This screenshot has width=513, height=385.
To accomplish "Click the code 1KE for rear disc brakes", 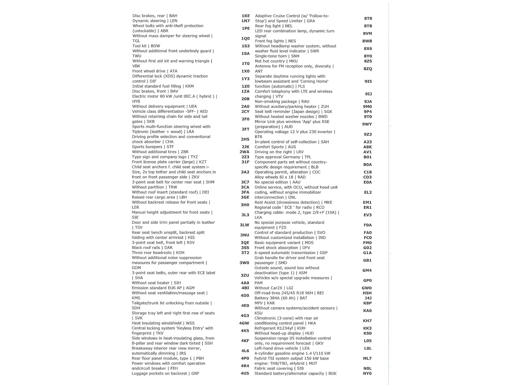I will pyautogui.click(x=246, y=16).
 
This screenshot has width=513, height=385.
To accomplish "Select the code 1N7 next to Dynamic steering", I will pyautogui.click(x=246, y=21).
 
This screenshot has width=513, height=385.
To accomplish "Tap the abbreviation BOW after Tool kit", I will pyautogui.click(x=155, y=46).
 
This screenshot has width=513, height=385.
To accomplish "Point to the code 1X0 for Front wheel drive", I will pyautogui.click(x=246, y=71).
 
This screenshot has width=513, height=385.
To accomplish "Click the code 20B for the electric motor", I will pyautogui.click(x=245, y=99).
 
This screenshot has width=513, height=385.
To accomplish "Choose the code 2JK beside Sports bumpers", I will pyautogui.click(x=245, y=147).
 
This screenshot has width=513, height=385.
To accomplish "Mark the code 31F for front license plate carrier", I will pyautogui.click(x=245, y=162).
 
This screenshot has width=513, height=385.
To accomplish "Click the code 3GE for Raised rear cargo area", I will pyautogui.click(x=245, y=197).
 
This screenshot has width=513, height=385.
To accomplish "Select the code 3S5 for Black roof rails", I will pyautogui.click(x=245, y=248).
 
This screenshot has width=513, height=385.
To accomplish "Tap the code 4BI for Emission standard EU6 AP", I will pyautogui.click(x=245, y=288).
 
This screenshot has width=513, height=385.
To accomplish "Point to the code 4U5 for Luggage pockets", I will pyautogui.click(x=245, y=374).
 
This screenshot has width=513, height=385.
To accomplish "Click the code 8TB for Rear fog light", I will pyautogui.click(x=368, y=26).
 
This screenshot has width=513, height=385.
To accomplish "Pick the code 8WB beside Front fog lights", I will pyautogui.click(x=367, y=41).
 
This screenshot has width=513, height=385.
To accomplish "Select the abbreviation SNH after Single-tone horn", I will pyautogui.click(x=295, y=56).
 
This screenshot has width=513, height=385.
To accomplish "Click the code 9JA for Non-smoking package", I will pyautogui.click(x=368, y=102).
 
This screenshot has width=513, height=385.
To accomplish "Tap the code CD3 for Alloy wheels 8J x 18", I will pyautogui.click(x=367, y=177).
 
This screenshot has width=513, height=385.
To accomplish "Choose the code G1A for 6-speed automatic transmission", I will pyautogui.click(x=367, y=253).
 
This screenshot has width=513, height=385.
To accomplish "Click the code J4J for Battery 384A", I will pyautogui.click(x=368, y=298).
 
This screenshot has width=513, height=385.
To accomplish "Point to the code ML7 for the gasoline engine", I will pyautogui.click(x=367, y=359).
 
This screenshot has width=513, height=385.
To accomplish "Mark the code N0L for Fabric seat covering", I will pyautogui.click(x=367, y=368).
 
